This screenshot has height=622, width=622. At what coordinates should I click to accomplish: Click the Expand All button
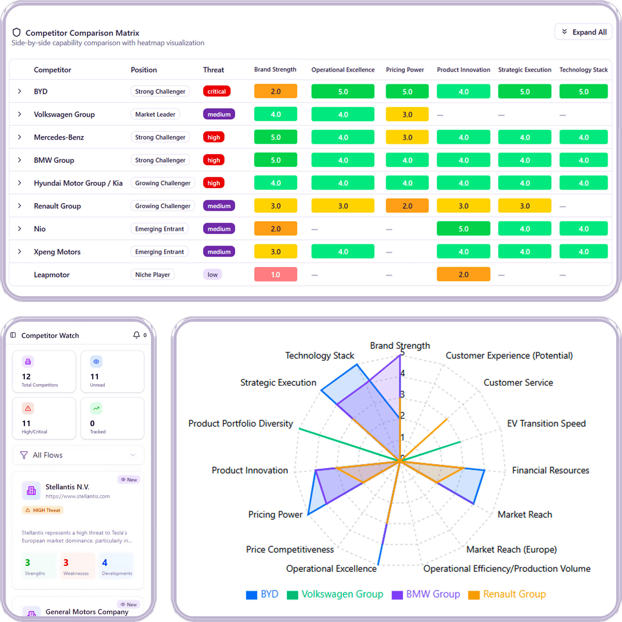coord(583,32)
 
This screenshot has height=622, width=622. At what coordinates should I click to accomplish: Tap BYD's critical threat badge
coord(216,91)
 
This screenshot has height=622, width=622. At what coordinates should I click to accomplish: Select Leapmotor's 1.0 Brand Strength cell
coord(275,274)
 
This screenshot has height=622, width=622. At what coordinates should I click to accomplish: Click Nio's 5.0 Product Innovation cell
coord(463,229)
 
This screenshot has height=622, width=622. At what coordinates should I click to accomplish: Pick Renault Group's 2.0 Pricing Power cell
coord(407,206)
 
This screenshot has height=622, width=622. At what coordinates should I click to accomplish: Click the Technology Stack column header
coord(583,70)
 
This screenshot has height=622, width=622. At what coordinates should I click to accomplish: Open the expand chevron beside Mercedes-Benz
coord(20,137)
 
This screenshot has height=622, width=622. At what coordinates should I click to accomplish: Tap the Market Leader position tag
coord(155,114)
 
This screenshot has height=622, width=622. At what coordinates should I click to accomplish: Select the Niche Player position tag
coord(153,274)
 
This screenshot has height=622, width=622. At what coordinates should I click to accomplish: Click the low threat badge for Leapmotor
coord(212,274)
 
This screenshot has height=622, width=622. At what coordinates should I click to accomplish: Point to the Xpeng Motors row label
coord(57,252)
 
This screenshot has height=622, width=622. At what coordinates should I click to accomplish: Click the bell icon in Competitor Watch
coord(136,335)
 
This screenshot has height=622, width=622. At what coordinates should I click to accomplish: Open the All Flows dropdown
coord(78,455)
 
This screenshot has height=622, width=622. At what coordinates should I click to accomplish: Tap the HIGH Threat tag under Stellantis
coord(43,510)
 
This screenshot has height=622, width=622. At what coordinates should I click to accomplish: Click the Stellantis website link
coord(77,496)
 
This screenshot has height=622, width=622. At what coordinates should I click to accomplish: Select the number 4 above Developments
coord(105,563)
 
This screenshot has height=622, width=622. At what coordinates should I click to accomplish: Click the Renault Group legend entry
coord(507,594)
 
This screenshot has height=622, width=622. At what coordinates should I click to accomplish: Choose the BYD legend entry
coord(262,594)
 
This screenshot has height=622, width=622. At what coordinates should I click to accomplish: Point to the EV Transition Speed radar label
coord(546,423)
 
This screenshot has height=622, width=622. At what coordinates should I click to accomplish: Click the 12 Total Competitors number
coord(26,376)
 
